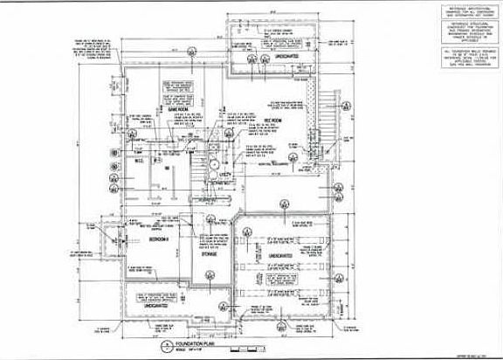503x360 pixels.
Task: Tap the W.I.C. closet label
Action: tap(138, 162)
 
